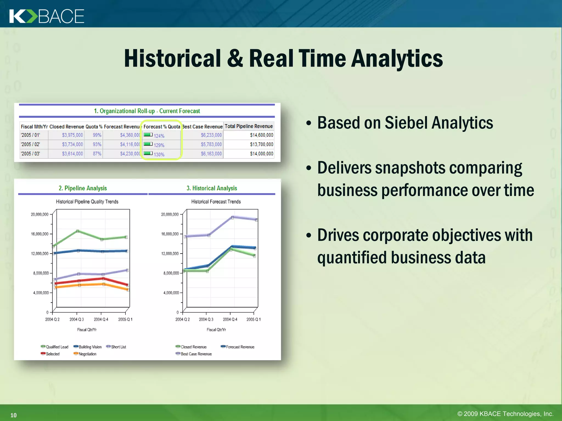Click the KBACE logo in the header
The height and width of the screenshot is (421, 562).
(47, 16)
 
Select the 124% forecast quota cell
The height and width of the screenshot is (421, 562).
(159, 136)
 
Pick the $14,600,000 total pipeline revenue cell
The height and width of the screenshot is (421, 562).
(261, 135)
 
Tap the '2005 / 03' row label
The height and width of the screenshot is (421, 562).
(30, 154)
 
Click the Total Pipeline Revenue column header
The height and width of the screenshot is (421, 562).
(249, 126)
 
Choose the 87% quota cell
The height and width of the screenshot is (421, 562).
(97, 154)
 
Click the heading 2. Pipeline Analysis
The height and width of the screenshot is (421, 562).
(83, 188)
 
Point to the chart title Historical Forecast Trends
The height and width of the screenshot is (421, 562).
(216, 202)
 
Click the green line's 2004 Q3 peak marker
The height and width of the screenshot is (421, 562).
(78, 231)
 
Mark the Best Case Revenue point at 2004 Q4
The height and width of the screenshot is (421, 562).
(232, 217)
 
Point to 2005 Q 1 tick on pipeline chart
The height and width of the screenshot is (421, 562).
(125, 320)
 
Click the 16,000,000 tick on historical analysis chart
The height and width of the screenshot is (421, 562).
(170, 234)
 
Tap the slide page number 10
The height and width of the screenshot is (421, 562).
(13, 415)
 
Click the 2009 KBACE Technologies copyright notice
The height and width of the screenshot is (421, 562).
(505, 414)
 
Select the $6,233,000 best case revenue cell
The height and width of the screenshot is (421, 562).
(211, 135)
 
